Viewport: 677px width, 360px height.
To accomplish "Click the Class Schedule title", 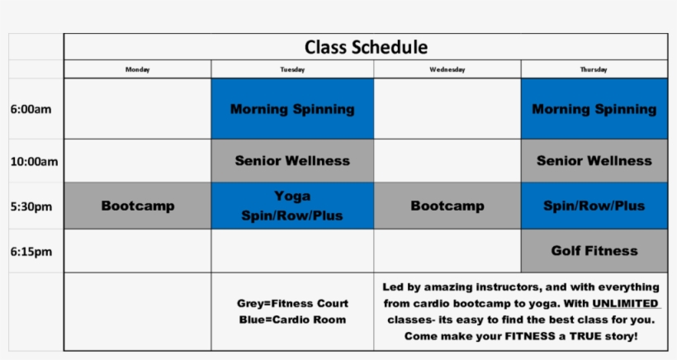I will (366, 47).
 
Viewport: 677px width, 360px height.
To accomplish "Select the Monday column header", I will (137, 69).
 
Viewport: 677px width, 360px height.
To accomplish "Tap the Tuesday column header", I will (292, 69).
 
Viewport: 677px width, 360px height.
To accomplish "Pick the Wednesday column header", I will (447, 69).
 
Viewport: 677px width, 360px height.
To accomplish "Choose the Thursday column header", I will (594, 69).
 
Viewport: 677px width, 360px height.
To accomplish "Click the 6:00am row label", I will (31, 109).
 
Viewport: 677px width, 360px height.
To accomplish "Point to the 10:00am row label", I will (34, 161).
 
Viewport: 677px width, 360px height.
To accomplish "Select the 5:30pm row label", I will (31, 206).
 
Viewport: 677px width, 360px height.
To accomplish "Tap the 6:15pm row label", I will (31, 251).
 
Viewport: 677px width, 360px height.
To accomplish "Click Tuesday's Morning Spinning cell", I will (292, 109).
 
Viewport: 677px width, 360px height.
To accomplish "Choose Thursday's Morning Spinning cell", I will (594, 109).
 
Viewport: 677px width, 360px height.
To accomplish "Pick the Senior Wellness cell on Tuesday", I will (292, 161).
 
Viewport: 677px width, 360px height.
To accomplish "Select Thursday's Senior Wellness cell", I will (594, 161).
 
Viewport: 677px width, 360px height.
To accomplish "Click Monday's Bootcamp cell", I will (137, 206).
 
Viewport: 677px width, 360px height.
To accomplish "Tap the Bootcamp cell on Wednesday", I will (447, 206).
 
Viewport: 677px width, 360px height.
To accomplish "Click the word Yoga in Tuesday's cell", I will (292, 197).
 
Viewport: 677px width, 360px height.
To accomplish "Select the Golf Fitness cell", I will (594, 250).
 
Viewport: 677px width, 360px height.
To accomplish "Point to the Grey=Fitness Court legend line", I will (292, 304).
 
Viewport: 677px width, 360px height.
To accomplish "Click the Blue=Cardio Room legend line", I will (292, 320).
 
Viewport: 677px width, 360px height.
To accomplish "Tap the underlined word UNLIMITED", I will (625, 303).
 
